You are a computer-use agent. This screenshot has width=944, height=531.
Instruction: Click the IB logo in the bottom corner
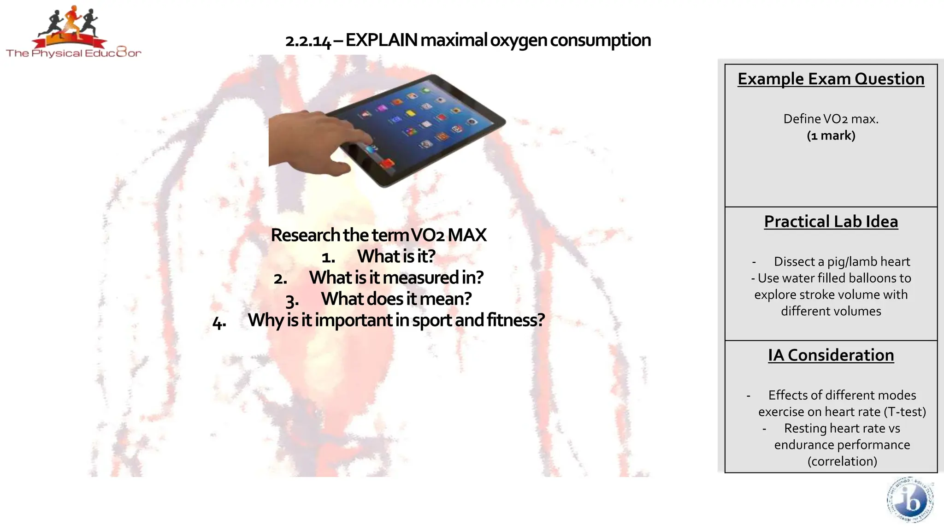(x=910, y=501)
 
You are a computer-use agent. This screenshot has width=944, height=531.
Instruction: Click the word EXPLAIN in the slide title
(x=382, y=41)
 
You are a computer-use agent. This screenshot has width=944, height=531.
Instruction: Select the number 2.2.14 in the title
(x=308, y=41)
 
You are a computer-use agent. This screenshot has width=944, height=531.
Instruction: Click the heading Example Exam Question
(x=831, y=79)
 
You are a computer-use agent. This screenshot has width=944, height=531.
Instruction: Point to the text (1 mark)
(x=831, y=136)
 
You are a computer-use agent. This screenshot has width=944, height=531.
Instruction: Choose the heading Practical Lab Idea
(x=831, y=222)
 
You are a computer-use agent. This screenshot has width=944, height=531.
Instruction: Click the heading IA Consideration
(x=831, y=355)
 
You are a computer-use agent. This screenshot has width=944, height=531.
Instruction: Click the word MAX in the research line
(x=467, y=235)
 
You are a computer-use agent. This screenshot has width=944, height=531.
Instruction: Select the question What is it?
(x=396, y=256)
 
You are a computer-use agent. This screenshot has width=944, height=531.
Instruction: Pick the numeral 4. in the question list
(x=219, y=322)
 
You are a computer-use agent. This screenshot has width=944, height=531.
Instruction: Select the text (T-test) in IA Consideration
(x=905, y=412)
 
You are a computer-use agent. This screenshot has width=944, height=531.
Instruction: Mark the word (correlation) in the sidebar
(x=842, y=461)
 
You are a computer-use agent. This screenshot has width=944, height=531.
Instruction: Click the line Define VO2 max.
(x=831, y=119)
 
